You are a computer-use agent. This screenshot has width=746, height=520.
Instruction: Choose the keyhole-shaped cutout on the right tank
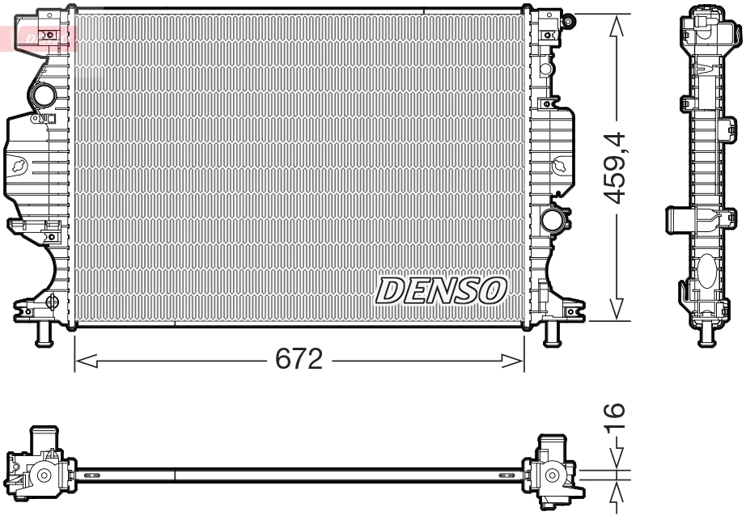click(560, 166)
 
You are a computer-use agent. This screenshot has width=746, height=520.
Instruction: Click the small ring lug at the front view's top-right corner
click(570, 19)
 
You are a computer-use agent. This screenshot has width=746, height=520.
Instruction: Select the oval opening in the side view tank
click(705, 267)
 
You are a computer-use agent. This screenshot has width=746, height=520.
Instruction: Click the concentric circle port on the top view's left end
click(45, 475)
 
